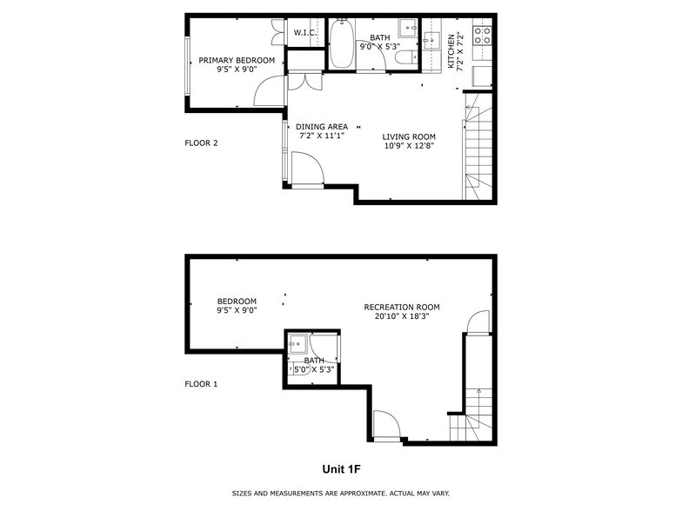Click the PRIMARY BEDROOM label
pyautogui.click(x=237, y=61)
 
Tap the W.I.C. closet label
pyautogui.click(x=304, y=33)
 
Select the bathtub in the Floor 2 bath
pyautogui.click(x=342, y=45)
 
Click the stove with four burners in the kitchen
pyautogui.click(x=481, y=36)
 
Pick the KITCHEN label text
pyautogui.click(x=451, y=51)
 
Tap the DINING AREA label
pyautogui.click(x=321, y=127)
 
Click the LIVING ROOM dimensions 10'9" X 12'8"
pyautogui.click(x=409, y=146)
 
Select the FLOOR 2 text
pyautogui.click(x=201, y=143)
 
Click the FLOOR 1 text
pyautogui.click(x=201, y=383)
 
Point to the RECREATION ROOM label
pyautogui.click(x=401, y=307)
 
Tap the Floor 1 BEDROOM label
pyautogui.click(x=237, y=302)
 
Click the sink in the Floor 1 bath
pyautogui.click(x=297, y=342)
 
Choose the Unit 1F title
pyautogui.click(x=341, y=469)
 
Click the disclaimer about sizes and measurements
pyautogui.click(x=341, y=494)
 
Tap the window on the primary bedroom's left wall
pyautogui.click(x=187, y=63)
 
